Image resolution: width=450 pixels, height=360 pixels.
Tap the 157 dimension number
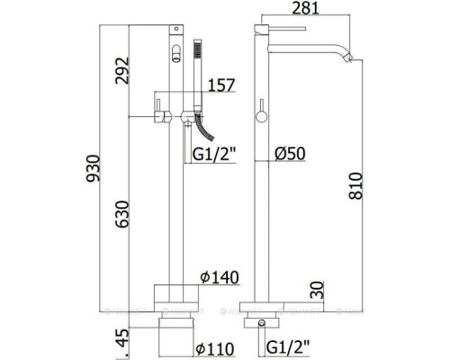[x=222, y=86]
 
